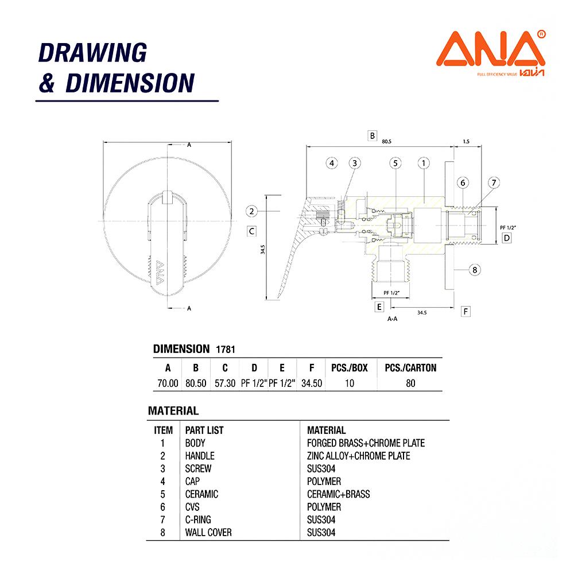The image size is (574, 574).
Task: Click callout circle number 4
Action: [331, 163]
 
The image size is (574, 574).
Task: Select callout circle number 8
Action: [475, 269]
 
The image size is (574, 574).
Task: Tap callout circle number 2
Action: [251, 211]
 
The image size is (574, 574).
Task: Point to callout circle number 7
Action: [494, 183]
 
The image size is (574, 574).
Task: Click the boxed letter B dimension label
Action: [373, 136]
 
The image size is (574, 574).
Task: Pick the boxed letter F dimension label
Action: [466, 311]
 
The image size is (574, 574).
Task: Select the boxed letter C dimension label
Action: [251, 231]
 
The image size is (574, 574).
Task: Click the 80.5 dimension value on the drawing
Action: [386, 141]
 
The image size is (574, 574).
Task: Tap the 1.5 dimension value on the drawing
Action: [465, 141]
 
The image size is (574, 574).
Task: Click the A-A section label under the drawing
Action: [393, 319]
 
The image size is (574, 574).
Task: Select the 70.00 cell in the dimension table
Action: [168, 383]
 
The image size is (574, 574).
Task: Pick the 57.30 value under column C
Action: [225, 383]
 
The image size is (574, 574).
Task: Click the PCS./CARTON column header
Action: [410, 368]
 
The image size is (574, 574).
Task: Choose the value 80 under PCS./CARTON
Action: [410, 383]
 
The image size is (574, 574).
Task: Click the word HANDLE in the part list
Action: [200, 456]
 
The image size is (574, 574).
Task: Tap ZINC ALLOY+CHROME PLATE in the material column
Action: [359, 456]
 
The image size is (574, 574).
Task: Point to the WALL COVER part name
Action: [208, 533]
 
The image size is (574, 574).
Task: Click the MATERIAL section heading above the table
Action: [173, 411]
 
